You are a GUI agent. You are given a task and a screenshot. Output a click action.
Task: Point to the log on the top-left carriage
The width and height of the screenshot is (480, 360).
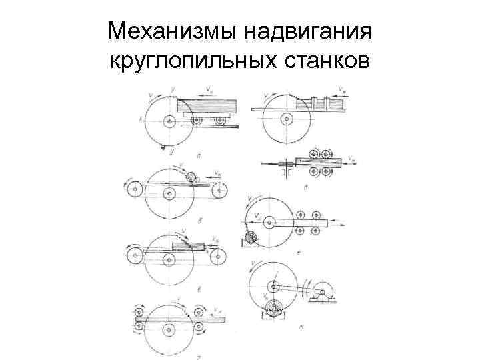pos(210,105)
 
